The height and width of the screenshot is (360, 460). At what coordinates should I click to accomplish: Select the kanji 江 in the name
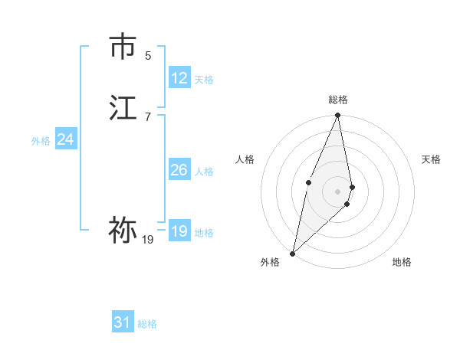tap(123, 107)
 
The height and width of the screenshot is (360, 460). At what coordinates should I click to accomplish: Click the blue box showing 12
tap(179, 77)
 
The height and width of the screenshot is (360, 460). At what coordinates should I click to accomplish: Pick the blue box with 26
tap(179, 170)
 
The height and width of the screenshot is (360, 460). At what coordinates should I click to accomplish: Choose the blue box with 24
tap(66, 139)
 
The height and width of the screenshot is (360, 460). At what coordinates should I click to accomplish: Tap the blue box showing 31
tap(123, 322)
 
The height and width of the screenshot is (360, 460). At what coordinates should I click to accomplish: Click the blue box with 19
tap(179, 231)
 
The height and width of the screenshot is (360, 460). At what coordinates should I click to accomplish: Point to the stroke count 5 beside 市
tap(148, 55)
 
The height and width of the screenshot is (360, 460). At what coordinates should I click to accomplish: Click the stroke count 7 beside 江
tap(148, 116)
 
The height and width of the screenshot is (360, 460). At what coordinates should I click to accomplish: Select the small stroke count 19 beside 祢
tap(148, 240)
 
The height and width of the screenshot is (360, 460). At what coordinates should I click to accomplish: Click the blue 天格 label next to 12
tap(204, 80)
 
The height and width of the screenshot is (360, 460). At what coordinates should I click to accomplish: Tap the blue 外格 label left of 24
tap(41, 141)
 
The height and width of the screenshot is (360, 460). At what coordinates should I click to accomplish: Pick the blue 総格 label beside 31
tap(147, 324)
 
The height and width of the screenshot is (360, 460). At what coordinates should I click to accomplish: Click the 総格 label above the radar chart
tap(338, 100)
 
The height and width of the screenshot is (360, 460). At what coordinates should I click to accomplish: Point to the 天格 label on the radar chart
tap(432, 159)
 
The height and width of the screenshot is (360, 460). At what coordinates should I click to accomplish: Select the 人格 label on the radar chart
tap(245, 159)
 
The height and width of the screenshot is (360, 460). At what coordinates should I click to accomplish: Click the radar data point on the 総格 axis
tap(338, 116)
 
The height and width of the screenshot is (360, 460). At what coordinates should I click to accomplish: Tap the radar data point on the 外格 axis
tap(292, 253)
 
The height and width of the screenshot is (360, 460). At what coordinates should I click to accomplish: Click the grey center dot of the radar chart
tap(338, 190)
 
